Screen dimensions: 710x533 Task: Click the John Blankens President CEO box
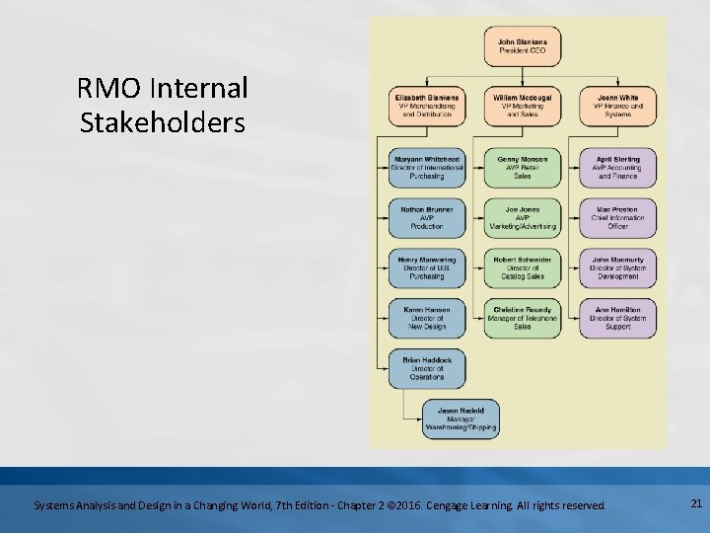[x=523, y=46]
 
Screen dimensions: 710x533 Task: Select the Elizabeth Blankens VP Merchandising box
[x=426, y=107]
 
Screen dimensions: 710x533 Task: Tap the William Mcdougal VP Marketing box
[x=523, y=107]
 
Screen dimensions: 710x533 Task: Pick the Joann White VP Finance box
[x=618, y=107]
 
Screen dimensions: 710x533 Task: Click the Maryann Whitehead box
[x=426, y=168]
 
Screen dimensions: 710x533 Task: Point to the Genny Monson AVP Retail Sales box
[x=523, y=168]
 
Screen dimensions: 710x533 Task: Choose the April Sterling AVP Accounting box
[x=618, y=168]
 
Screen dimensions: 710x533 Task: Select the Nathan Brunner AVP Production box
[x=426, y=218]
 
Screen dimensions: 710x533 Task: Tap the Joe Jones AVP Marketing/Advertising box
[x=523, y=218]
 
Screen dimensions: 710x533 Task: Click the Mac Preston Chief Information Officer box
[x=618, y=218]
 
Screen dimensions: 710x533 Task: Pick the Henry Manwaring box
[x=426, y=268]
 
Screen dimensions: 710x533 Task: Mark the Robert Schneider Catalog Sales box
[x=523, y=268]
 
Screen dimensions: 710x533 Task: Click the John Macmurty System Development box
[x=618, y=268]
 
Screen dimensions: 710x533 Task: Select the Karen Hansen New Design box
[x=426, y=319]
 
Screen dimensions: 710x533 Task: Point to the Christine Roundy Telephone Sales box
[x=523, y=319]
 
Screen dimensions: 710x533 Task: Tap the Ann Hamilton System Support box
[x=618, y=319]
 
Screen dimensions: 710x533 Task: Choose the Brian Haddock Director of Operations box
[x=426, y=369]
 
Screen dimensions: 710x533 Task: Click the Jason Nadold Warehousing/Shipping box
[x=461, y=419]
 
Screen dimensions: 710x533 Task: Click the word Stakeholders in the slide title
[x=161, y=124]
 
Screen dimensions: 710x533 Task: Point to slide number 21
[x=695, y=504]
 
